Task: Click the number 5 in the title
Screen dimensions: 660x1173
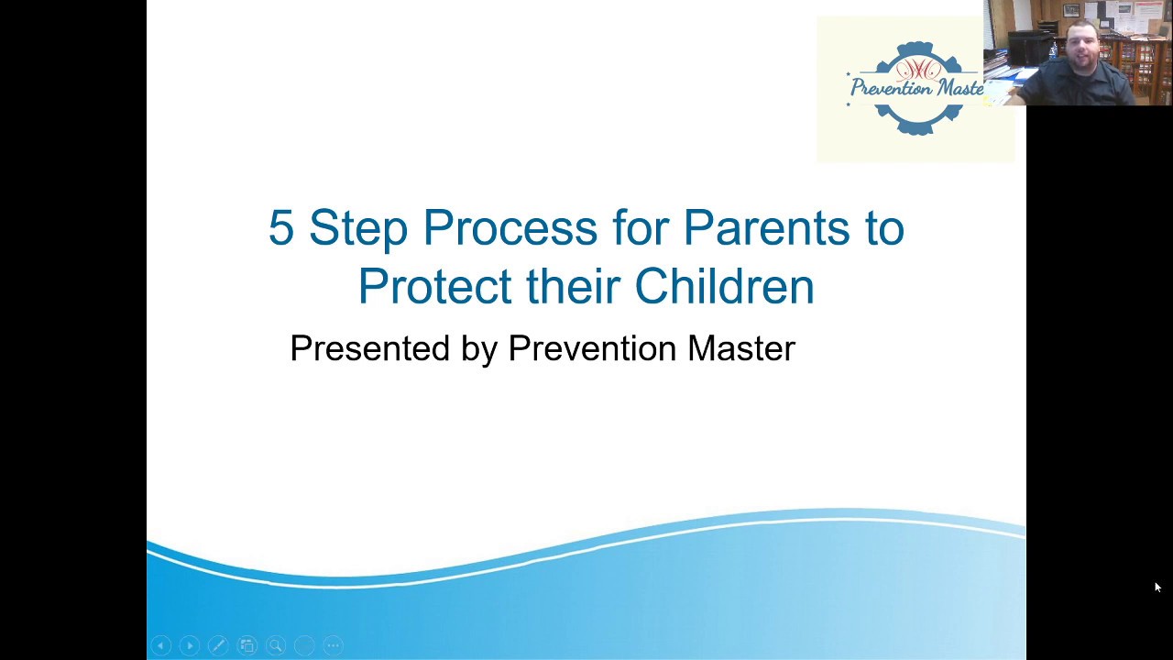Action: pyautogui.click(x=280, y=228)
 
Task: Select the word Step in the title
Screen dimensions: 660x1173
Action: pyautogui.click(x=357, y=228)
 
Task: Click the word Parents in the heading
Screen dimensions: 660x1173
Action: pyautogui.click(x=768, y=228)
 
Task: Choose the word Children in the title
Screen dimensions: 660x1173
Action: pyautogui.click(x=724, y=286)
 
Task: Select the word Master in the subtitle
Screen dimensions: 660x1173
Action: pyautogui.click(x=740, y=348)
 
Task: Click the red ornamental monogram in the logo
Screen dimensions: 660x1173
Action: pyautogui.click(x=916, y=68)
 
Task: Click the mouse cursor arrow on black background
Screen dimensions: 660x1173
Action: pyautogui.click(x=1157, y=588)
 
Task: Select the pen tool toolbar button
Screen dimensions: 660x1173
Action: pyautogui.click(x=218, y=645)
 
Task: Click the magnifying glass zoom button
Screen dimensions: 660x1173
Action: pyautogui.click(x=276, y=645)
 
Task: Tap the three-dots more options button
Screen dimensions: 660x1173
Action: pyautogui.click(x=334, y=645)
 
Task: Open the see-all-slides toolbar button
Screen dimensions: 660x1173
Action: pyautogui.click(x=247, y=645)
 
